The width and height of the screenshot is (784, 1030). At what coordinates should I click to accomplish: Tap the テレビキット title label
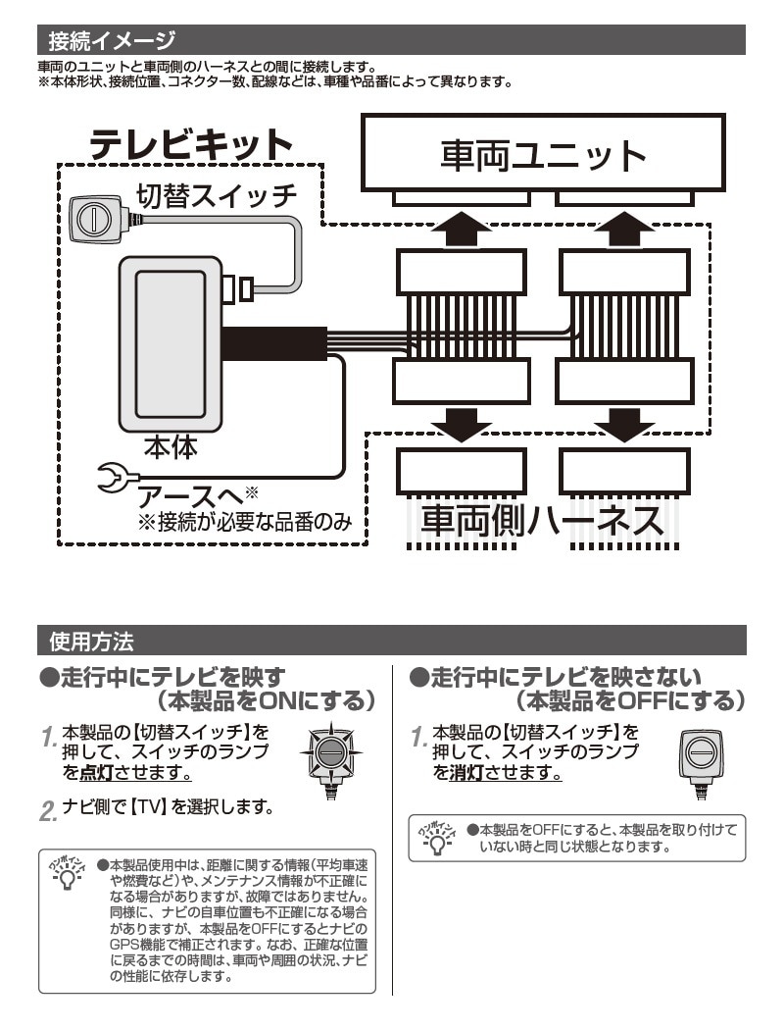click(x=191, y=145)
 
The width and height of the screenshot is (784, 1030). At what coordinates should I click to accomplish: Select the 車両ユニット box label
click(x=543, y=154)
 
